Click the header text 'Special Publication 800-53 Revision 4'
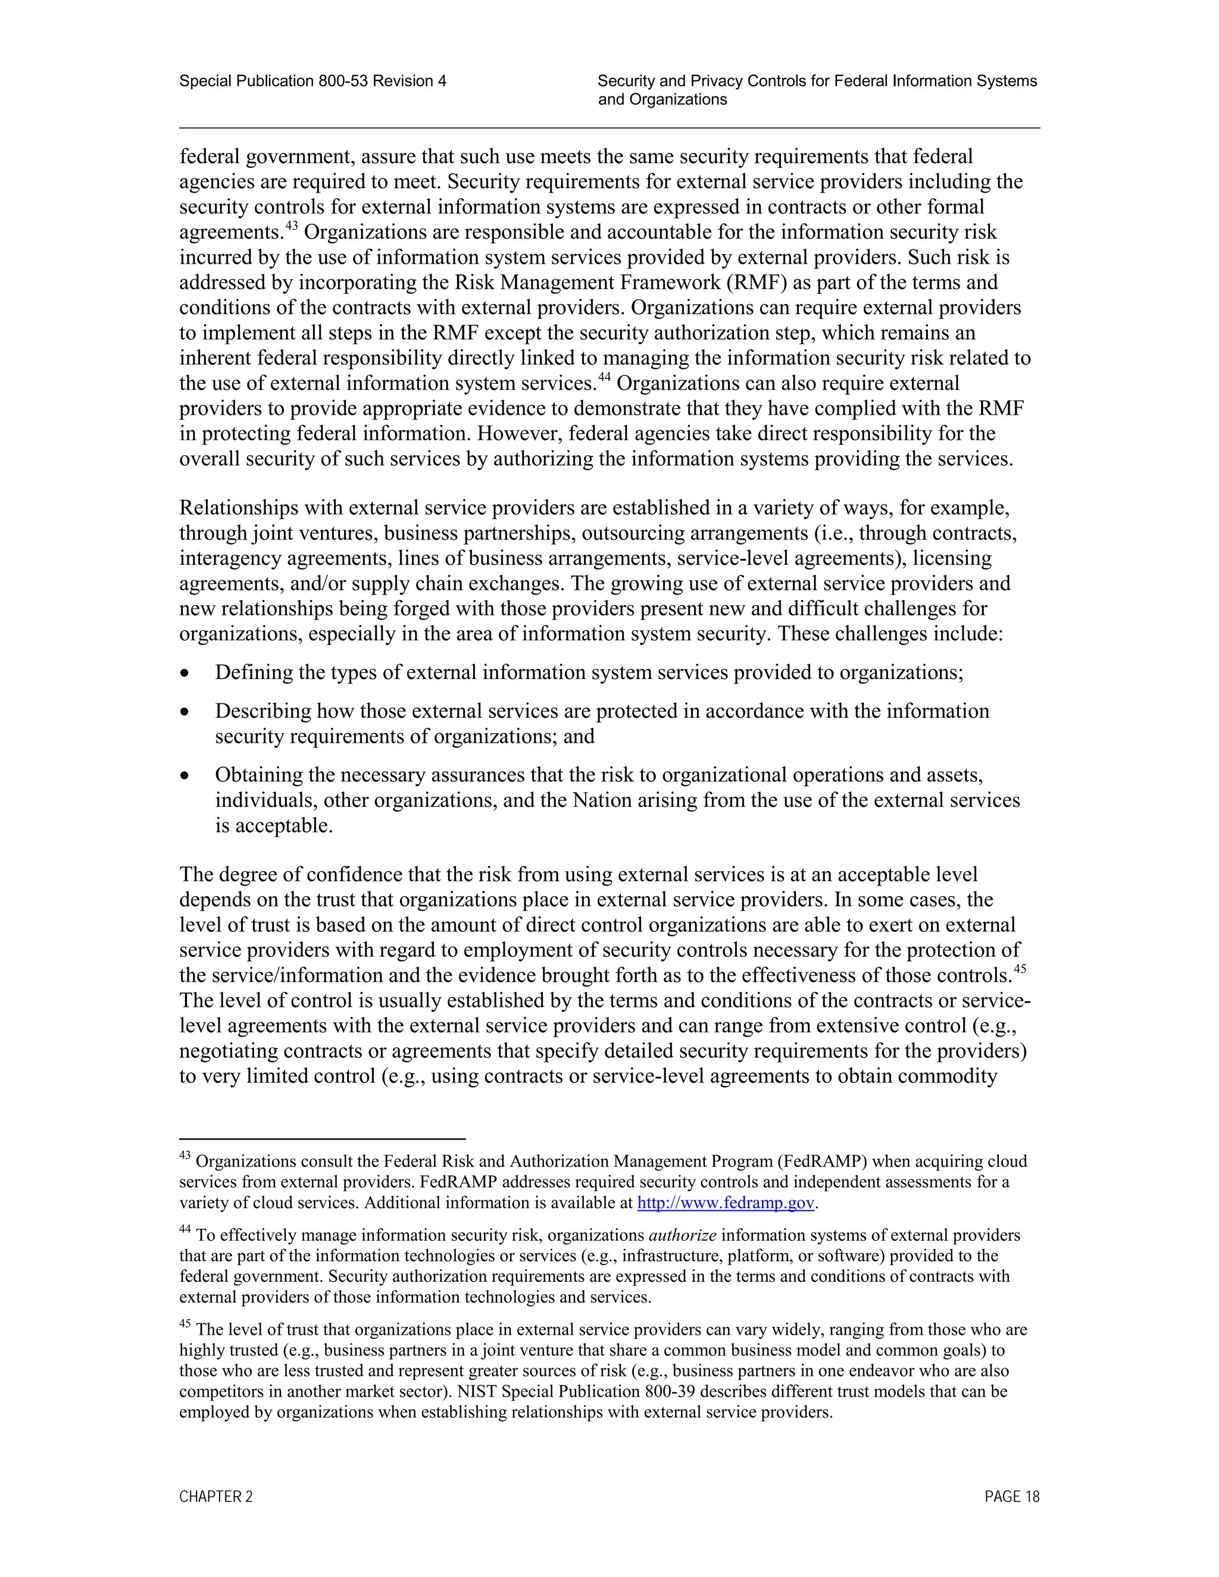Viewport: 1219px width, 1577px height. point(312,81)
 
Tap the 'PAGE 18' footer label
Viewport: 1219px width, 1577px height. point(1012,1497)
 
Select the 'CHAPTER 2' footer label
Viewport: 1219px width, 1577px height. point(216,1497)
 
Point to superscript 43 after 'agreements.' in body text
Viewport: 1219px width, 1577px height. point(292,226)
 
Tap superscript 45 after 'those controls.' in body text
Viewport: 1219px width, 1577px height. point(1020,969)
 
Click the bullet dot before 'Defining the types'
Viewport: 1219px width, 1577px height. point(186,674)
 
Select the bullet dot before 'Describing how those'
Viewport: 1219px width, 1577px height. point(186,712)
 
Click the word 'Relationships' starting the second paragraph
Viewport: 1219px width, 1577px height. point(238,508)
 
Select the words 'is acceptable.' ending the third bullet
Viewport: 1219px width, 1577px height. point(274,825)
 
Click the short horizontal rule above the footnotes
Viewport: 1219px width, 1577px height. point(322,1138)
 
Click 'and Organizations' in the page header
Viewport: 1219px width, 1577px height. point(662,99)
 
